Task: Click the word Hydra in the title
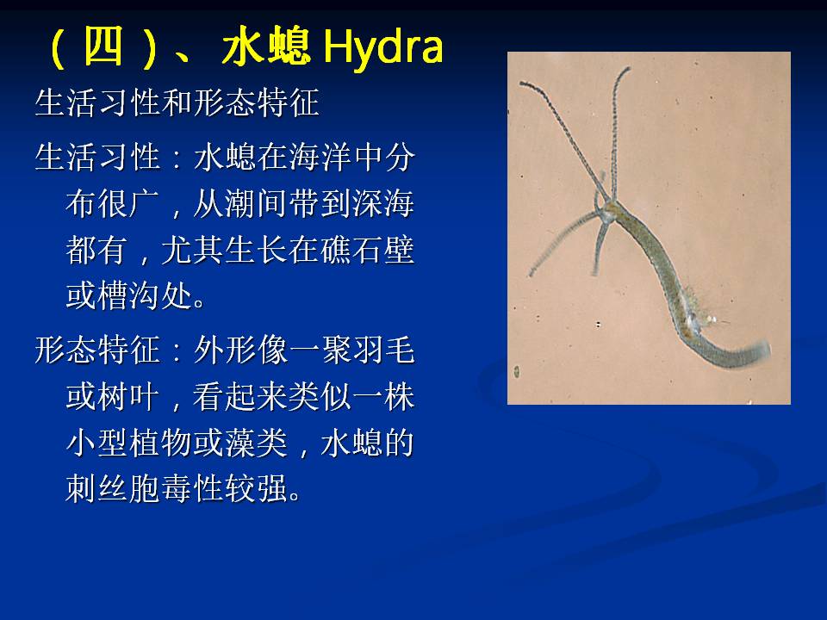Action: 382,46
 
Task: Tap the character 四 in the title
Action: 103,46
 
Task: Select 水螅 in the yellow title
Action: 265,46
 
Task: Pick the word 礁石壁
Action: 367,250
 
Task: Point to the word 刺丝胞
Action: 114,488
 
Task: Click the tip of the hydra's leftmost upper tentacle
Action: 521,84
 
